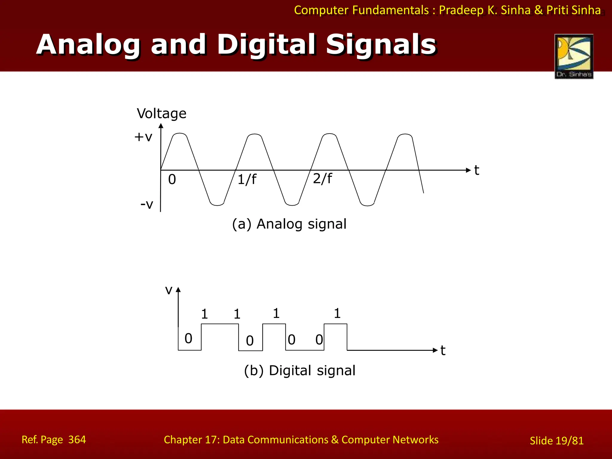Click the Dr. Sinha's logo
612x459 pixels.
pos(574,56)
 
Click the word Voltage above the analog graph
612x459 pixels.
pos(162,114)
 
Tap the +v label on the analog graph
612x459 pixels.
pos(143,137)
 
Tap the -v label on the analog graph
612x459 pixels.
pos(147,204)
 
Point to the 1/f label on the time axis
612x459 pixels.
pos(247,180)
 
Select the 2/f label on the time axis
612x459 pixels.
pos(322,178)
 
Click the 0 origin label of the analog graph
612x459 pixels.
pos(172,179)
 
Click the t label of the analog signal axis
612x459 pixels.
pos(477,170)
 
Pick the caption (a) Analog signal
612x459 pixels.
pos(289,224)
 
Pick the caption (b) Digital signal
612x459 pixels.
pos(300,371)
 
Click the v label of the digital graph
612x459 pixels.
pos(169,290)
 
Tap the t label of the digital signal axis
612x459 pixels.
pos(443,351)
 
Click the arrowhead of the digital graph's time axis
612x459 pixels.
pos(435,350)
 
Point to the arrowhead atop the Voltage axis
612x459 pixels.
pos(161,126)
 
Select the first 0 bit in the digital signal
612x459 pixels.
pos(188,338)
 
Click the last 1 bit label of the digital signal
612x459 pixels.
pos(337,313)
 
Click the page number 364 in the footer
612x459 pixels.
pos(77,440)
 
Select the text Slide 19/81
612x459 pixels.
pos(556,441)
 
